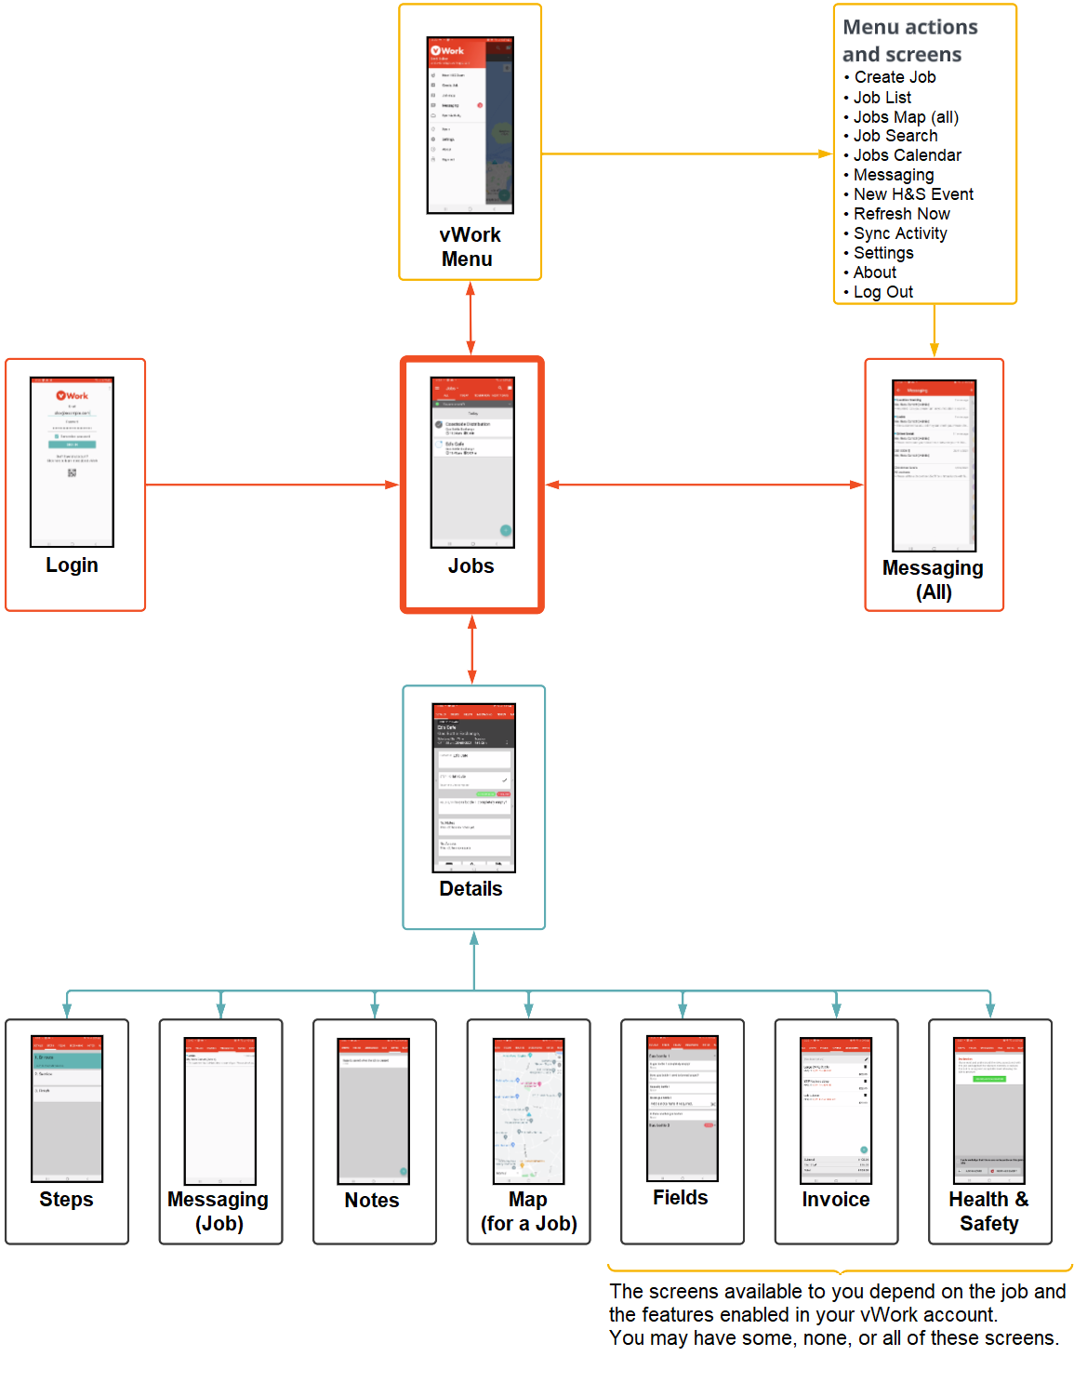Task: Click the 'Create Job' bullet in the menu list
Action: pyautogui.click(x=894, y=77)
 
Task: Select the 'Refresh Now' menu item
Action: pyautogui.click(x=900, y=214)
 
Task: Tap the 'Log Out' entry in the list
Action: pyautogui.click(x=882, y=292)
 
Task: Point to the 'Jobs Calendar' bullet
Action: pyautogui.click(x=907, y=155)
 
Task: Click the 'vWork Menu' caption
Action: pyautogui.click(x=469, y=247)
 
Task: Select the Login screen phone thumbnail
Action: pyautogui.click(x=72, y=461)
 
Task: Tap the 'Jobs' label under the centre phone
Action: pyautogui.click(x=471, y=565)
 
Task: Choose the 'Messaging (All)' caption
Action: pyautogui.click(x=933, y=579)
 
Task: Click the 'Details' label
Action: pyautogui.click(x=471, y=888)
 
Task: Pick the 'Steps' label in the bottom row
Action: pyautogui.click(x=66, y=1200)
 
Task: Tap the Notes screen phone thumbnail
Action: pyautogui.click(x=373, y=1110)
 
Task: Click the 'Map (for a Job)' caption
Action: pyautogui.click(x=528, y=1212)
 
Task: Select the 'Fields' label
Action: pyautogui.click(x=680, y=1198)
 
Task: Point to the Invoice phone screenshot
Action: pyautogui.click(x=835, y=1110)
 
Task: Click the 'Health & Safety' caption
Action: pyautogui.click(x=988, y=1212)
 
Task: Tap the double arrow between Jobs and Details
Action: pyautogui.click(x=472, y=649)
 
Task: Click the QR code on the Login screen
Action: pyautogui.click(x=72, y=472)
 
